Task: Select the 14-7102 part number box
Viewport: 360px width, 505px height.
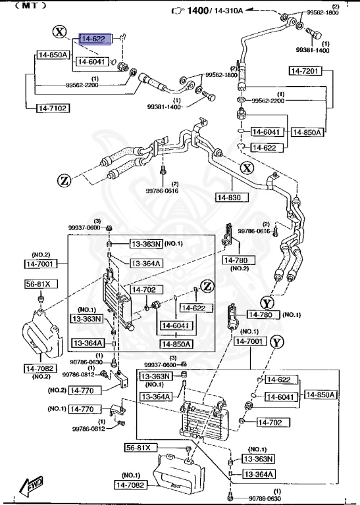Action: click(52, 107)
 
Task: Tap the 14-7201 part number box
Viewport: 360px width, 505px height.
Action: click(305, 70)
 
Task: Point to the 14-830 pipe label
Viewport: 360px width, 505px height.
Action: click(230, 197)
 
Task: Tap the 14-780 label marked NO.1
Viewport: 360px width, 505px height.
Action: click(263, 315)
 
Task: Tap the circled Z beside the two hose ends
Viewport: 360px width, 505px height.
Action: click(64, 179)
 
